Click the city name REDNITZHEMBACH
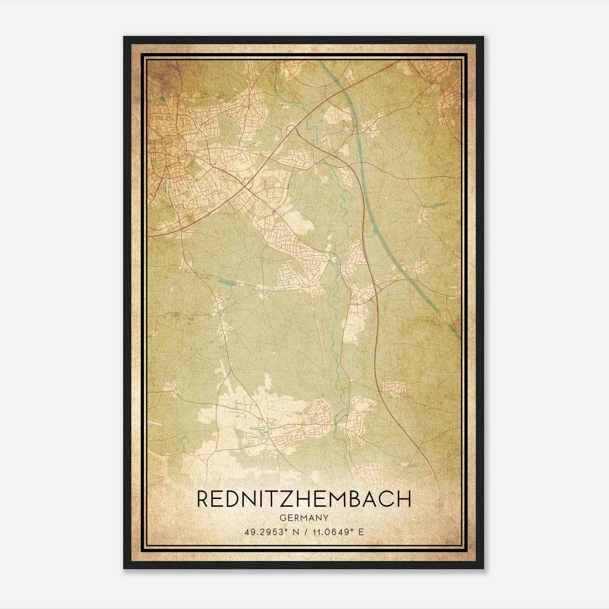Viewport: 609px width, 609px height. (x=304, y=499)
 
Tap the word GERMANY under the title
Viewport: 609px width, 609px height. (x=304, y=518)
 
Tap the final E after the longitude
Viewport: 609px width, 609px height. (x=361, y=532)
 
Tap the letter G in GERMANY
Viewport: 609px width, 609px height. (x=282, y=518)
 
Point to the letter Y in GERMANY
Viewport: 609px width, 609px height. (x=326, y=518)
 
